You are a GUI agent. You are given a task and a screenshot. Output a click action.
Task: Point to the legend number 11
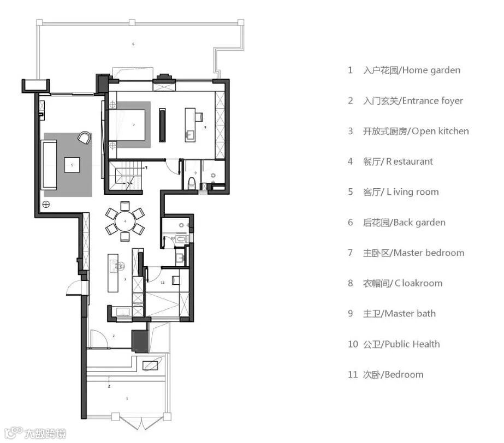353,375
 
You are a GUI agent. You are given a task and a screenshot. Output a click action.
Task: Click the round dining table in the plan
125,221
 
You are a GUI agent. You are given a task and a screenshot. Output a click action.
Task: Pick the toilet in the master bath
191,182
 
